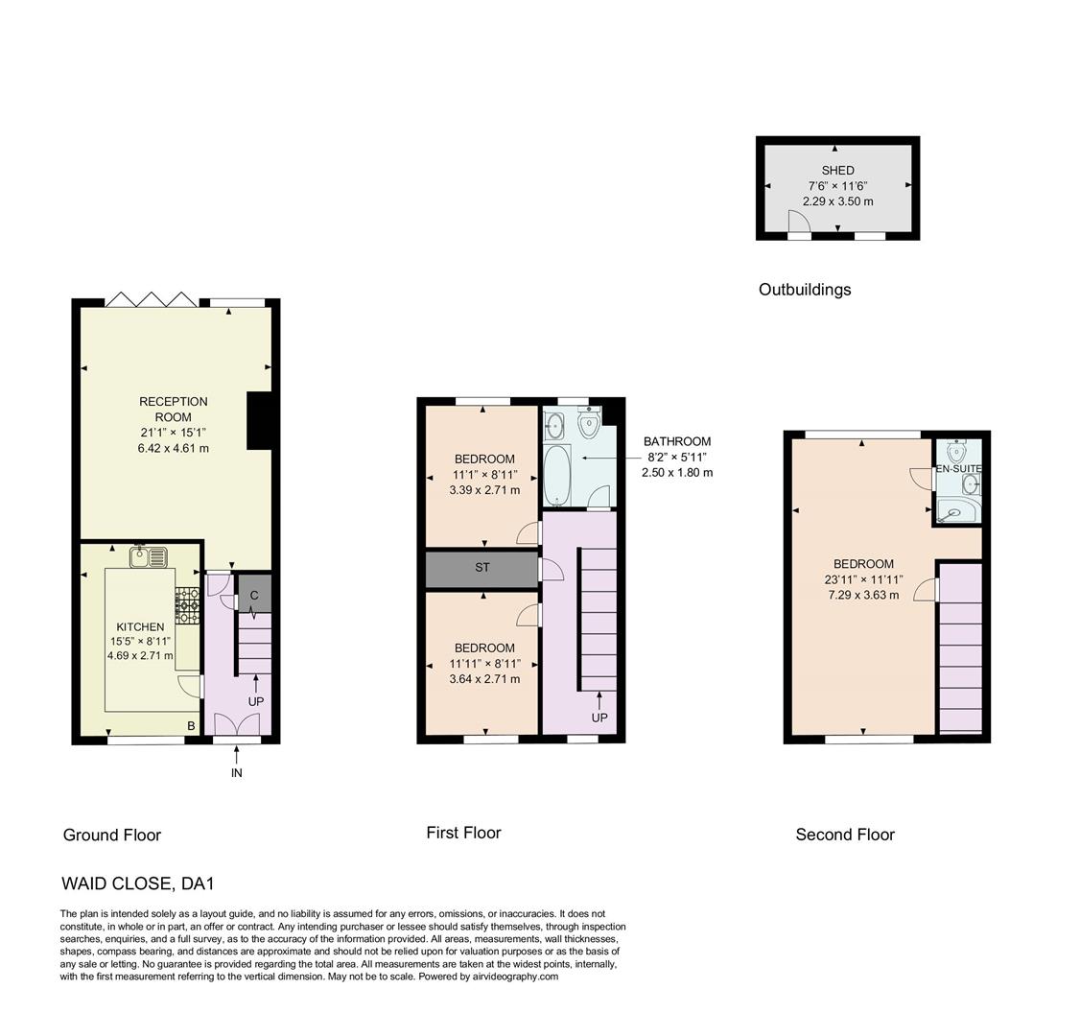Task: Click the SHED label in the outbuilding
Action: pyautogui.click(x=837, y=171)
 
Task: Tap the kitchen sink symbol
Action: pyautogui.click(x=150, y=555)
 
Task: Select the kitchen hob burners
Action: pyautogui.click(x=188, y=600)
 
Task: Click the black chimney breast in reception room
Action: pyautogui.click(x=260, y=420)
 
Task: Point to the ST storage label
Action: pyautogui.click(x=482, y=568)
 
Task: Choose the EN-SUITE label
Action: pyautogui.click(x=958, y=469)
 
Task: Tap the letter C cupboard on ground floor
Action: pyautogui.click(x=254, y=596)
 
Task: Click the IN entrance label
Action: pyautogui.click(x=236, y=773)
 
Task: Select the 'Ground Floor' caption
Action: pyautogui.click(x=111, y=836)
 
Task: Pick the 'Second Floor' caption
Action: pyautogui.click(x=845, y=835)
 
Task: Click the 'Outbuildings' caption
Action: pyautogui.click(x=805, y=290)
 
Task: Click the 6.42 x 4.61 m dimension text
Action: pyautogui.click(x=174, y=448)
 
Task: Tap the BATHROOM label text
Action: pyautogui.click(x=677, y=442)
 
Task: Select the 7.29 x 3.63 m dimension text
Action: pyautogui.click(x=863, y=595)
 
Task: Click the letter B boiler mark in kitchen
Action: pyautogui.click(x=191, y=726)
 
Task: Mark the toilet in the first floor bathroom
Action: pyautogui.click(x=589, y=423)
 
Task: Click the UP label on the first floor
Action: pyautogui.click(x=599, y=718)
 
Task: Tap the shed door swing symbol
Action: pyautogui.click(x=799, y=222)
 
